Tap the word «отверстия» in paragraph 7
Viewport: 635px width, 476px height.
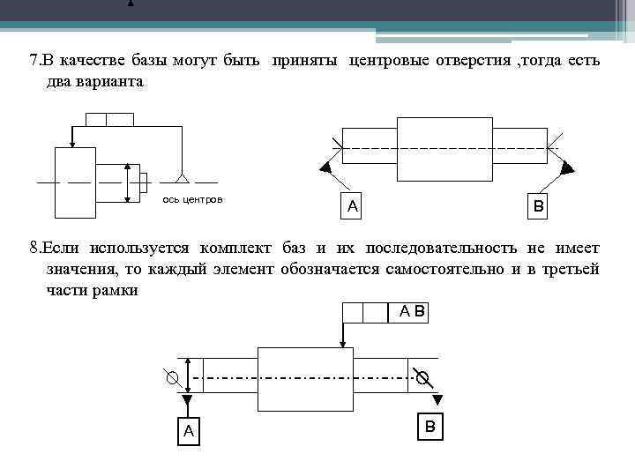coord(470,62)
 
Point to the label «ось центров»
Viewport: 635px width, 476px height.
coord(193,200)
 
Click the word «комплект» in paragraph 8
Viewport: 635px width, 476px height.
coord(236,249)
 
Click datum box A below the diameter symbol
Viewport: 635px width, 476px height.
coord(187,430)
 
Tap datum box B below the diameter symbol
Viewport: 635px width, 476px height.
coord(430,427)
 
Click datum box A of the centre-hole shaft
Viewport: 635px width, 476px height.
coord(352,206)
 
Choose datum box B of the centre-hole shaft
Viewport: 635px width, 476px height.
coord(537,206)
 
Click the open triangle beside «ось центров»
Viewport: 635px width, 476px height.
coord(183,179)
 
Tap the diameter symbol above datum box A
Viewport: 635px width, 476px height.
coord(174,379)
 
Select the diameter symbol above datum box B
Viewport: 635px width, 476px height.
coord(423,379)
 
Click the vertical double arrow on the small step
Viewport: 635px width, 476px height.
coord(129,183)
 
